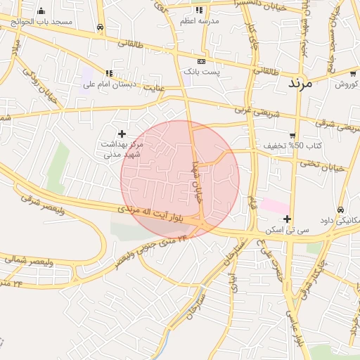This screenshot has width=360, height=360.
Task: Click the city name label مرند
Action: pos(309,82)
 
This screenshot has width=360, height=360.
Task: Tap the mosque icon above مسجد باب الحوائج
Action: pos(41,11)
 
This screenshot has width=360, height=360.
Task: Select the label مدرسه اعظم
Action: pos(198,21)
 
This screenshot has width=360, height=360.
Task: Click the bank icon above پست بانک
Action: pos(202,61)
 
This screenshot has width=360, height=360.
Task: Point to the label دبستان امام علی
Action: pos(108,84)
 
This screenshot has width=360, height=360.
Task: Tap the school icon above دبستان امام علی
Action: pos(108,73)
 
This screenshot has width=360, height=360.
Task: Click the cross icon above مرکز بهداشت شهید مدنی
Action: pos(122,133)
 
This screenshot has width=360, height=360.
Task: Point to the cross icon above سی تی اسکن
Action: pos(287,219)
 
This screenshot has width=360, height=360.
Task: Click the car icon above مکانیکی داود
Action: pos(341,210)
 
